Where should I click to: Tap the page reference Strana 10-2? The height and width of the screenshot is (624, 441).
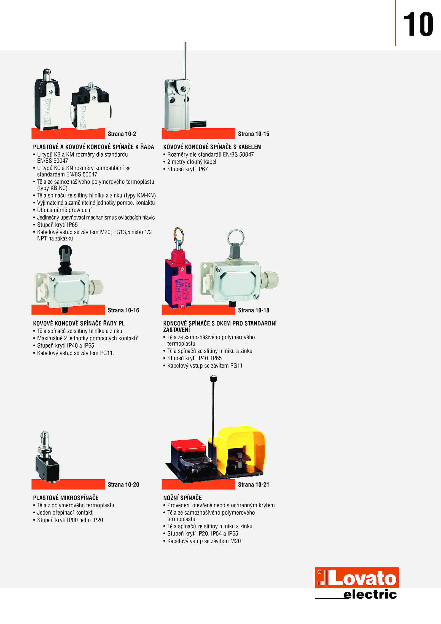(122, 134)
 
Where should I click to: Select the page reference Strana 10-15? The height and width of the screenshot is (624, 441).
(254, 134)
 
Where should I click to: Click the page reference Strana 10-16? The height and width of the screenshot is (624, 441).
(123, 310)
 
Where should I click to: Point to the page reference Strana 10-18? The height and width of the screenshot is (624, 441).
(254, 310)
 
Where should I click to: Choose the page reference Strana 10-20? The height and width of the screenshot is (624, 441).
(123, 484)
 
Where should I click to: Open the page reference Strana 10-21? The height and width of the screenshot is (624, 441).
(254, 484)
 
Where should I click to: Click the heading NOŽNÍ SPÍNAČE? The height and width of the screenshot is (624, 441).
(182, 498)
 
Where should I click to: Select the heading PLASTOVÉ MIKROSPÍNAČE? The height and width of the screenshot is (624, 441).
(66, 498)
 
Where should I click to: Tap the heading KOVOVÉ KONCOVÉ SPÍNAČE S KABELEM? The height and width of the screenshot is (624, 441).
(212, 147)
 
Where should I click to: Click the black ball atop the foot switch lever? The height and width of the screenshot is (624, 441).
(214, 379)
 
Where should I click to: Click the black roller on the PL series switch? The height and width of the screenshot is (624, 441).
(65, 251)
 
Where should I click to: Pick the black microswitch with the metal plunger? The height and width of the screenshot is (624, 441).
(47, 456)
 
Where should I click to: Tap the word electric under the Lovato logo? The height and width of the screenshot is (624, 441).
(370, 594)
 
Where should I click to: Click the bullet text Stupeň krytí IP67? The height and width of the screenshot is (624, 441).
(187, 169)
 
